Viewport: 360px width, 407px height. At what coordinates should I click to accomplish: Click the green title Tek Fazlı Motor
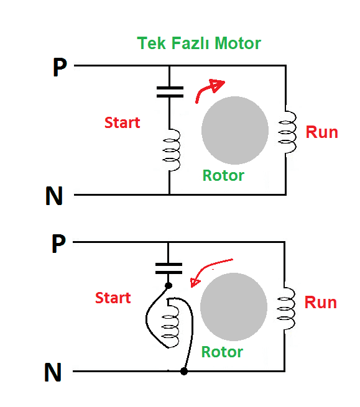[199, 43]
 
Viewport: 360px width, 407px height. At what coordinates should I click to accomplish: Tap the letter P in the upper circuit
[60, 67]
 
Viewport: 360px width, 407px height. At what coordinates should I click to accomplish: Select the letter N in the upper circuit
[54, 196]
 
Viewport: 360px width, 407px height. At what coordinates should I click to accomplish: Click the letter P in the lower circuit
[58, 243]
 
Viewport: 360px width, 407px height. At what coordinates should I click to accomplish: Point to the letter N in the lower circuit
[53, 372]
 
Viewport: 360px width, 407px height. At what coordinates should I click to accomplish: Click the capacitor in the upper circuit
[170, 92]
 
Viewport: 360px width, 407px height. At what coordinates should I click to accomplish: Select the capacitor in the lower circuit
[168, 268]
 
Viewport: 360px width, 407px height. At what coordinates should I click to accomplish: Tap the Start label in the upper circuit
[122, 122]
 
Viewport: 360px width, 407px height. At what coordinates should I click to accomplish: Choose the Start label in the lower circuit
[113, 298]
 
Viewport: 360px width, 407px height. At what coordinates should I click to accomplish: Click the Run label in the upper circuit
[322, 132]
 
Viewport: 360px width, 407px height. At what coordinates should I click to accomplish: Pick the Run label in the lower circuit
[321, 303]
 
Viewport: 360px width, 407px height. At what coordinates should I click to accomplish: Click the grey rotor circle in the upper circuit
[235, 130]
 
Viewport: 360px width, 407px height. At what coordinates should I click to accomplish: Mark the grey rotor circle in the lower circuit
[234, 306]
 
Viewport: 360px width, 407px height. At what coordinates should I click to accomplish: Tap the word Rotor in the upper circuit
[223, 175]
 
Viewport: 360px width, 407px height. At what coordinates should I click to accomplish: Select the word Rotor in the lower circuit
[223, 352]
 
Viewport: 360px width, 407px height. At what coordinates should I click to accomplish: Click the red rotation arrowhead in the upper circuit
[218, 85]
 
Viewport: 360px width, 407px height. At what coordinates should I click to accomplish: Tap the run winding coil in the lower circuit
[286, 308]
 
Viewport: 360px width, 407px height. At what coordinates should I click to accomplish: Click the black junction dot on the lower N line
[184, 372]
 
